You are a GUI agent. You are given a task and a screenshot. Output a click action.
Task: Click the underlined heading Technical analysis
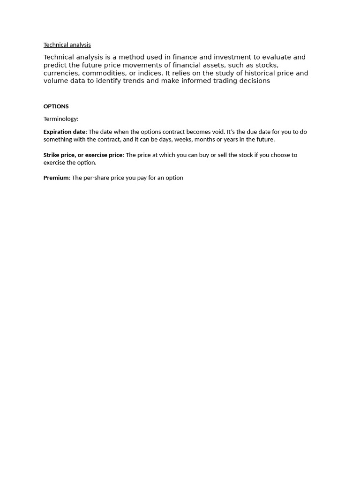pos(67,45)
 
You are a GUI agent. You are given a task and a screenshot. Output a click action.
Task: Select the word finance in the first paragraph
pos(185,57)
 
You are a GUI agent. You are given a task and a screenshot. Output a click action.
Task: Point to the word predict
pos(55,65)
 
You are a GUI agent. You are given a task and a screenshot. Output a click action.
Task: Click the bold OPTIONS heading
pos(56,106)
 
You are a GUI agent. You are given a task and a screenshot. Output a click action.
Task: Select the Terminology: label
pos(61,119)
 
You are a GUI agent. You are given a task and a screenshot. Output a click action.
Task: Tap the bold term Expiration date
pos(65,132)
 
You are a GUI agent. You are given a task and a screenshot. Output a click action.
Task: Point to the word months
pos(204,140)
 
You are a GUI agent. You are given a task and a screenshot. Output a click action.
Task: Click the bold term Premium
pos(56,178)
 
